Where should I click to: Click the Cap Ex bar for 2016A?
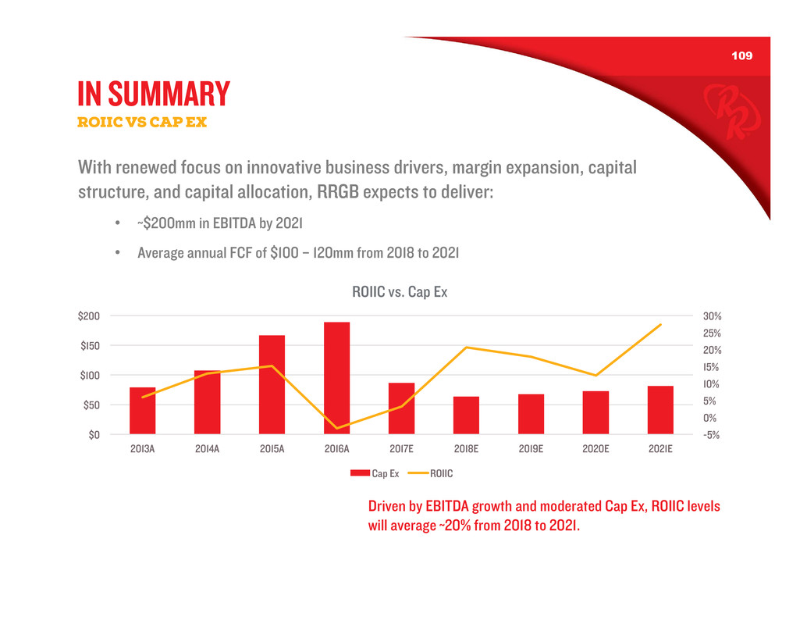pyautogui.click(x=336, y=378)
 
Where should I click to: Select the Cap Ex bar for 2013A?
pyautogui.click(x=142, y=411)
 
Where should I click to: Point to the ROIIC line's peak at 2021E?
pyautogui.click(x=660, y=325)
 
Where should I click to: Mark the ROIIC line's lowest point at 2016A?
pyautogui.click(x=336, y=428)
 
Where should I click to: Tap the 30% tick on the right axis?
pyautogui.click(x=713, y=316)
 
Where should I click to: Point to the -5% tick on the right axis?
pyautogui.click(x=713, y=435)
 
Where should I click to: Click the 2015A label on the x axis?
pyautogui.click(x=272, y=450)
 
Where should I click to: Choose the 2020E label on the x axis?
pyautogui.click(x=595, y=450)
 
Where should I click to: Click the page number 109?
pyautogui.click(x=741, y=57)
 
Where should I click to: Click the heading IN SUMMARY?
pyautogui.click(x=154, y=94)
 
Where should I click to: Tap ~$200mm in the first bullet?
pyautogui.click(x=169, y=225)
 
